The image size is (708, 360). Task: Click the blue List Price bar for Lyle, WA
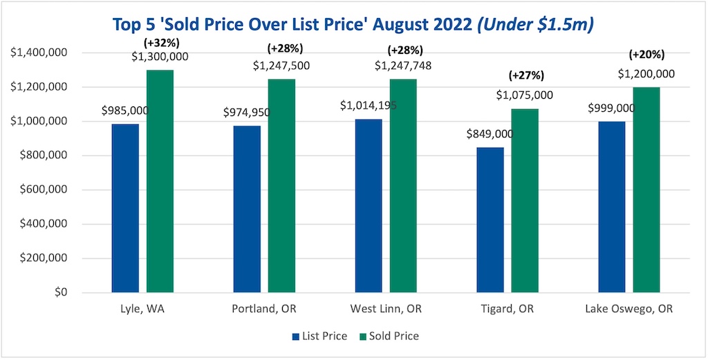(x=125, y=208)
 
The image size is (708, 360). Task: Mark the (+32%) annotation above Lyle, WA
(x=160, y=42)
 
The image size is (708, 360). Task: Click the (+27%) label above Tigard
(x=525, y=75)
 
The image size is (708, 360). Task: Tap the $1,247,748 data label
(x=403, y=66)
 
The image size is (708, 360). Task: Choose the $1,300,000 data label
(x=160, y=57)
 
